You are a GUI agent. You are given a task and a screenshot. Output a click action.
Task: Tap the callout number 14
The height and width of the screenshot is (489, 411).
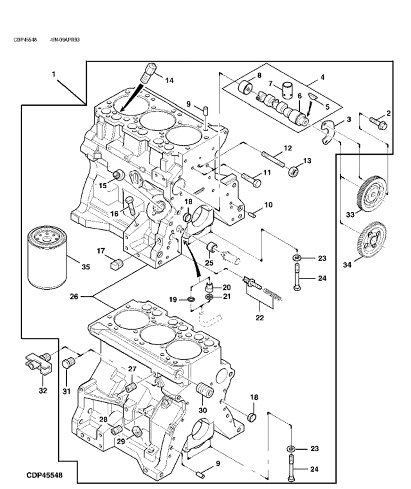169,80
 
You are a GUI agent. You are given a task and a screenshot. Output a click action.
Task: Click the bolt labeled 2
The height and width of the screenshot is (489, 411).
378,122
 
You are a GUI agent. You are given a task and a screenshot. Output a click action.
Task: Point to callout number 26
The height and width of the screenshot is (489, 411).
74,297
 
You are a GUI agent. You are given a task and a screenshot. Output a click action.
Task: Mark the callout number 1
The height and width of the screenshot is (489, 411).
54,74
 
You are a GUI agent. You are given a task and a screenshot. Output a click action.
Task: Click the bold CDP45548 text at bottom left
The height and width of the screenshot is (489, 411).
44,475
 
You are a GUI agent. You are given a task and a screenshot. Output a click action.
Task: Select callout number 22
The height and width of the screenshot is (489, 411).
259,318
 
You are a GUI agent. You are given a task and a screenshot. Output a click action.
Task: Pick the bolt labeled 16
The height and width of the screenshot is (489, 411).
130,206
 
